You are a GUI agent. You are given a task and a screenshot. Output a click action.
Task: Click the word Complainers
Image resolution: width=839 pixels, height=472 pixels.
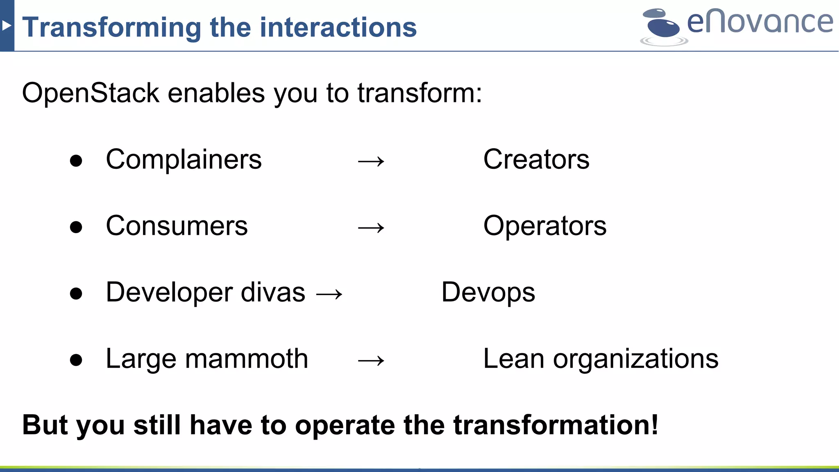pos(184,159)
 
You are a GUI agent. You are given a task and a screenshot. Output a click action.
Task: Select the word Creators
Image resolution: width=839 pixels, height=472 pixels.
pos(536,159)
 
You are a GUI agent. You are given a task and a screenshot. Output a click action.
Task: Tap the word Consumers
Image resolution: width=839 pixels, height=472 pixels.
pos(177,226)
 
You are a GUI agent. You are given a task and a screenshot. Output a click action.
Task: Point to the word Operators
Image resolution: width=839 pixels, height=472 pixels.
pos(544,226)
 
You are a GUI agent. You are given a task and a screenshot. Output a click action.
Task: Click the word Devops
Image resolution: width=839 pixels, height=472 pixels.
pos(488,293)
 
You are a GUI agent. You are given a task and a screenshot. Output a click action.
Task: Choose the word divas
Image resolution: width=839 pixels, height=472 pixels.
pos(273,293)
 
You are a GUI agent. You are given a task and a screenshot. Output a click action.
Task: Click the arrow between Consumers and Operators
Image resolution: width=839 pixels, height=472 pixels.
pos(371,228)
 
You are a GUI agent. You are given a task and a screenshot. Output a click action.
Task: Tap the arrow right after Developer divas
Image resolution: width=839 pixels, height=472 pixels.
pos(329,294)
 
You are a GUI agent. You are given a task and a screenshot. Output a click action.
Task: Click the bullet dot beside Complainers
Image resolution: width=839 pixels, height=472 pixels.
pos(76,161)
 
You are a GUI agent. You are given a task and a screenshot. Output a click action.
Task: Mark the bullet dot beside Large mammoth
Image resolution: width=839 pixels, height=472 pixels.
pos(76,360)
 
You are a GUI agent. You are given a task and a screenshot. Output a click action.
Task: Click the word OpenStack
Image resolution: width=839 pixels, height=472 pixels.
pos(90,93)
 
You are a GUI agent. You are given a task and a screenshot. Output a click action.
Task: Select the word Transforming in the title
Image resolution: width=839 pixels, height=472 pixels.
pos(111,27)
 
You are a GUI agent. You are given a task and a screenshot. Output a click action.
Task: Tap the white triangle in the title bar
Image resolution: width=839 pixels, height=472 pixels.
pos(6,26)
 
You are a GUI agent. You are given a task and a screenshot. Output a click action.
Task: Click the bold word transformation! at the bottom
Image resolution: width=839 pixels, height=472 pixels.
pos(556,425)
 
